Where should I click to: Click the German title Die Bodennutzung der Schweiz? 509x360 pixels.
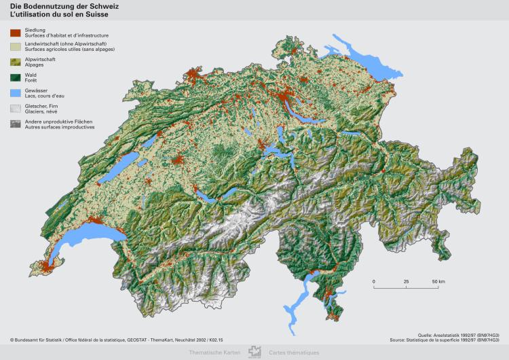coord(54,6)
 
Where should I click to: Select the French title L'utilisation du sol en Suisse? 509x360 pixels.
coord(54,14)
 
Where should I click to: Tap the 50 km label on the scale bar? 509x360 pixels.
coord(438,281)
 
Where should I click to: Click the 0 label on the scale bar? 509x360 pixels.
coord(374,281)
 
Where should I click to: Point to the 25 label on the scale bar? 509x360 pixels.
coord(406,281)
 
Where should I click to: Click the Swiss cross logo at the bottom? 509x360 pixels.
coord(254,352)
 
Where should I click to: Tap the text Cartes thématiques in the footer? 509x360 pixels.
coord(293,353)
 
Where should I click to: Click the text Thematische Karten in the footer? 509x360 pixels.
coord(214,353)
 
